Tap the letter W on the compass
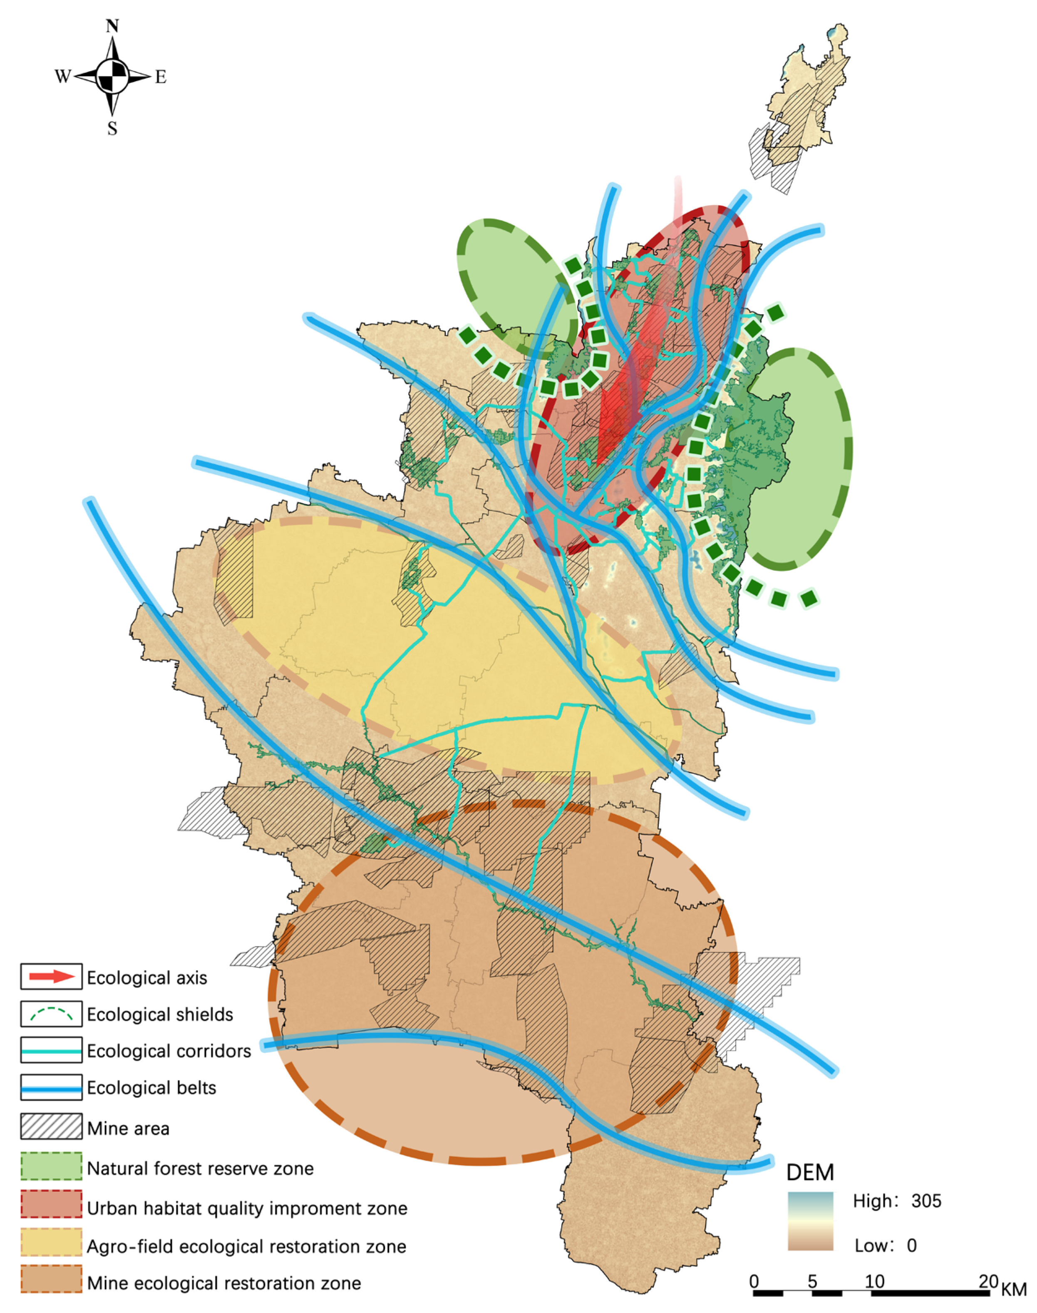[x=62, y=77]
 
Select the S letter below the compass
[x=112, y=128]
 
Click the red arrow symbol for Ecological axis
[x=52, y=977]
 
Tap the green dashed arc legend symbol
[x=52, y=1014]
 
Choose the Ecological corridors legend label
[x=169, y=1051]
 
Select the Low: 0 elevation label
[x=885, y=1246]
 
